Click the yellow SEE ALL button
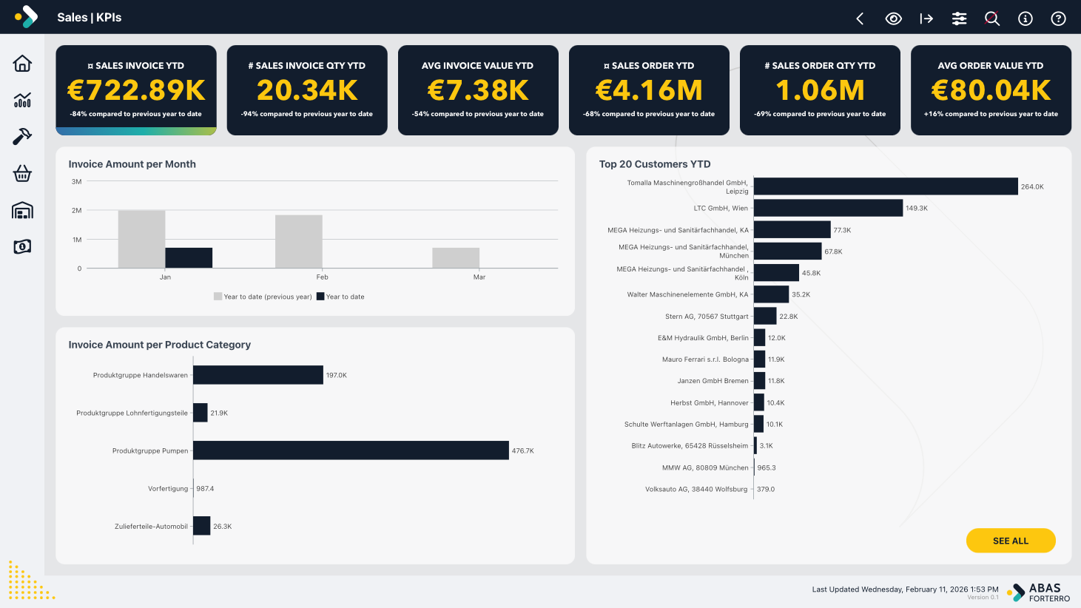(x=1010, y=541)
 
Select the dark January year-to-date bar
(x=189, y=257)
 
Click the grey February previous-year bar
(x=298, y=241)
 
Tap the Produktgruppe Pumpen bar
(x=351, y=450)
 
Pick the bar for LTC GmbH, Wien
(x=828, y=208)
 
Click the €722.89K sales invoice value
(x=136, y=90)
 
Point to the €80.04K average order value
(x=991, y=90)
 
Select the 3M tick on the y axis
(x=77, y=181)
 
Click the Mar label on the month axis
(x=479, y=277)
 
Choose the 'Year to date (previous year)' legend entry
(x=263, y=297)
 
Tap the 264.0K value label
(x=1032, y=186)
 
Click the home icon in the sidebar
(x=22, y=64)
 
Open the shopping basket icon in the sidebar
(x=22, y=173)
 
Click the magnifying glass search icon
(x=992, y=18)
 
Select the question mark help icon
(x=1058, y=18)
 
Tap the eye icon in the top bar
(x=893, y=18)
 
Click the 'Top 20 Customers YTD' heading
(x=654, y=164)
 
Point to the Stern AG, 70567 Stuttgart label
(x=707, y=317)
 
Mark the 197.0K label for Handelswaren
(x=337, y=375)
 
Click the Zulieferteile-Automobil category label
(x=151, y=527)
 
